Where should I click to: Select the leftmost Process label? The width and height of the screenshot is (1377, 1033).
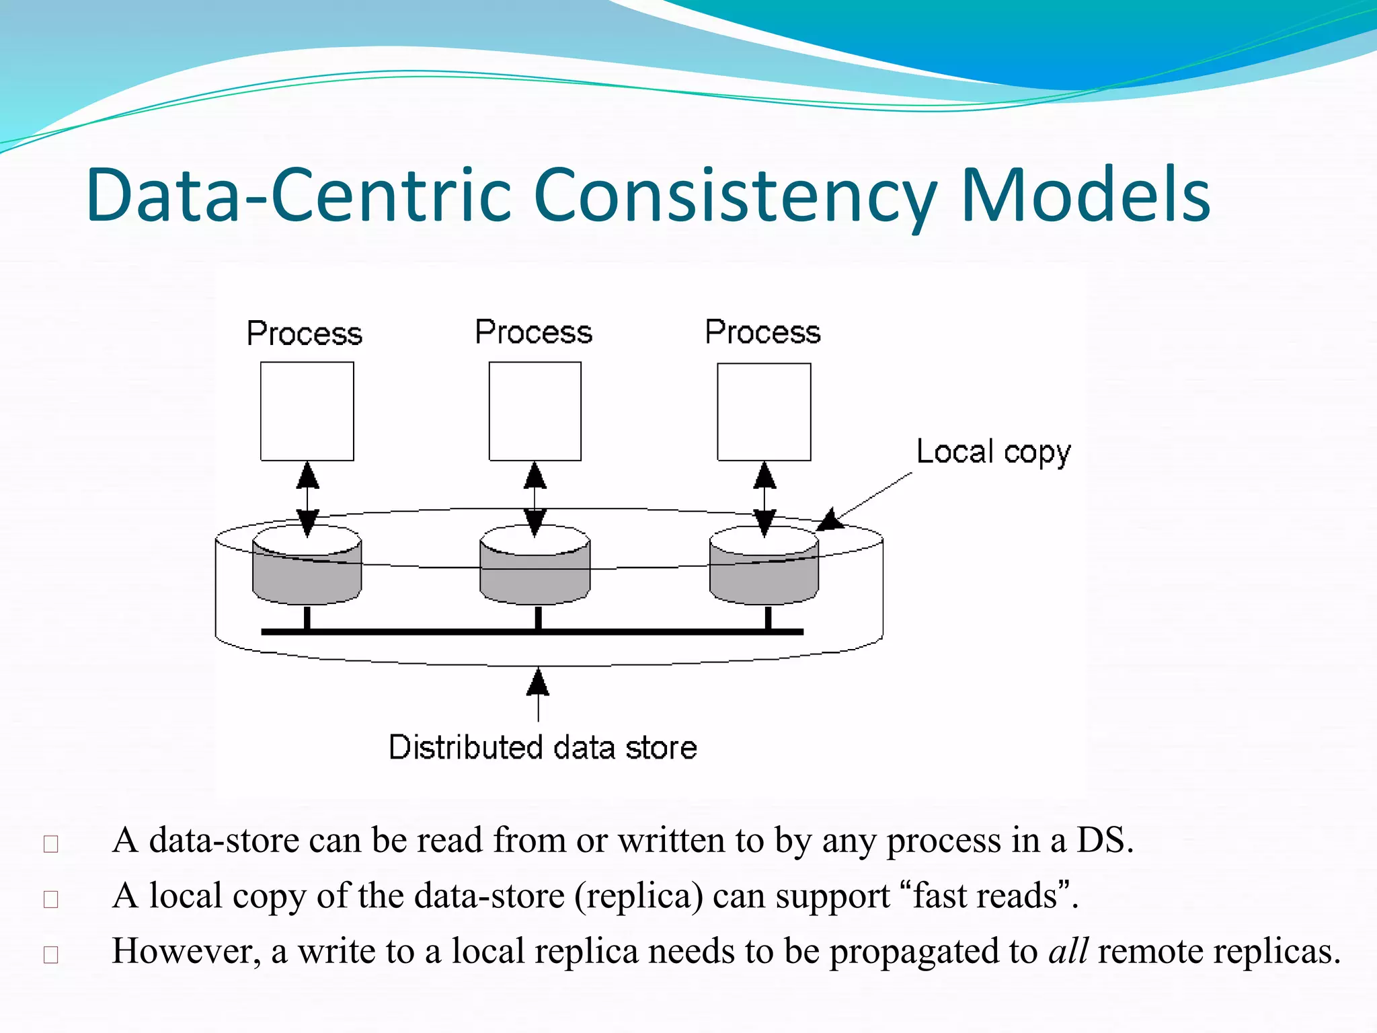305,334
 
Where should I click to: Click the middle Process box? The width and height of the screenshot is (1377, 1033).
535,412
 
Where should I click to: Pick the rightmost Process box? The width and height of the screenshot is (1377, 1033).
764,412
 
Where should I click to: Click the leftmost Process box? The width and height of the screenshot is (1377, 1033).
307,412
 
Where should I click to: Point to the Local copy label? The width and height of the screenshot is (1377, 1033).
993,453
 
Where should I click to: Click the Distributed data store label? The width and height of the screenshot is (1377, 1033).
543,747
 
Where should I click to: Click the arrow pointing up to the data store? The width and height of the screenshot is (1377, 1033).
538,693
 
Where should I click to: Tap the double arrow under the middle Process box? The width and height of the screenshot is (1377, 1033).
535,498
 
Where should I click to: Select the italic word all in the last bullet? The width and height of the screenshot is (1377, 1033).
1068,951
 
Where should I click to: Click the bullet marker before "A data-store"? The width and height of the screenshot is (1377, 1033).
51,843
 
